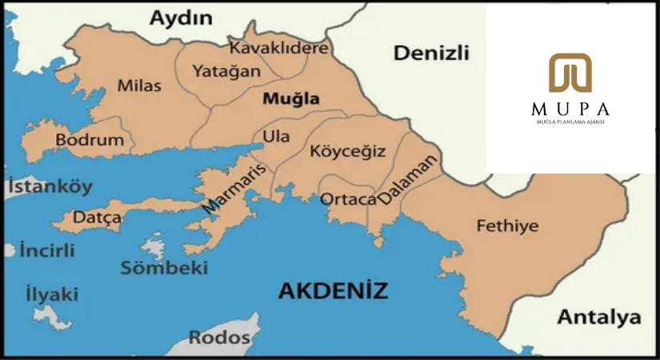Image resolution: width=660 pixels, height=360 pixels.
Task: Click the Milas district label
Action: click(139, 86)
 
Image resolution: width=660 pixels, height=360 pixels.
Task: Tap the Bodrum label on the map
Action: click(90, 140)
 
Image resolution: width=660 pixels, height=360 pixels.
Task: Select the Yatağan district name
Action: click(226, 71)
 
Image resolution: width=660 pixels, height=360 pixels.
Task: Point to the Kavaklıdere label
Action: click(279, 48)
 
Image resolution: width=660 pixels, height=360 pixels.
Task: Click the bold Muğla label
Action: click(290, 100)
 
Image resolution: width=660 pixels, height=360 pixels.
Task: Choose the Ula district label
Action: click(276, 137)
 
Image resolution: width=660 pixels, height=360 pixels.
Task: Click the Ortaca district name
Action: click(347, 198)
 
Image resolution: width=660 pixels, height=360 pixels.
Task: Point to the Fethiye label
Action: click(507, 226)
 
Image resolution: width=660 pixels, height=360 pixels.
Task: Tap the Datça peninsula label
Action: click(97, 217)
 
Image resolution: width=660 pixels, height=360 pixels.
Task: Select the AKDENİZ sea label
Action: click(333, 290)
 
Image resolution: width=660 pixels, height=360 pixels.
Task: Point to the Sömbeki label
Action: click(164, 268)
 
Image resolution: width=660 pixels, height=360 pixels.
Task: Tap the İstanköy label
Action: click(50, 188)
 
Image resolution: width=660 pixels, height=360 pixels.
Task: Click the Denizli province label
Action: click(431, 54)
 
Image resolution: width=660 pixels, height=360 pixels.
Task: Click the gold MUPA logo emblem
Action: click(570, 73)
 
